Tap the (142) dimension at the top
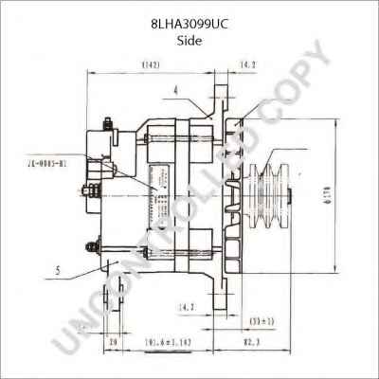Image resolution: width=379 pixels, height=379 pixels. [x=150, y=65]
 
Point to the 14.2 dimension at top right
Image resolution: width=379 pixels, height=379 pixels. [x=248, y=65]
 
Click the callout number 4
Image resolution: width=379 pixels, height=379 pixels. [x=176, y=91]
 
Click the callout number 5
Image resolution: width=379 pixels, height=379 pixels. [x=58, y=270]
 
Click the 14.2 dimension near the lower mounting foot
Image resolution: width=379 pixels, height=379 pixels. [x=187, y=308]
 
